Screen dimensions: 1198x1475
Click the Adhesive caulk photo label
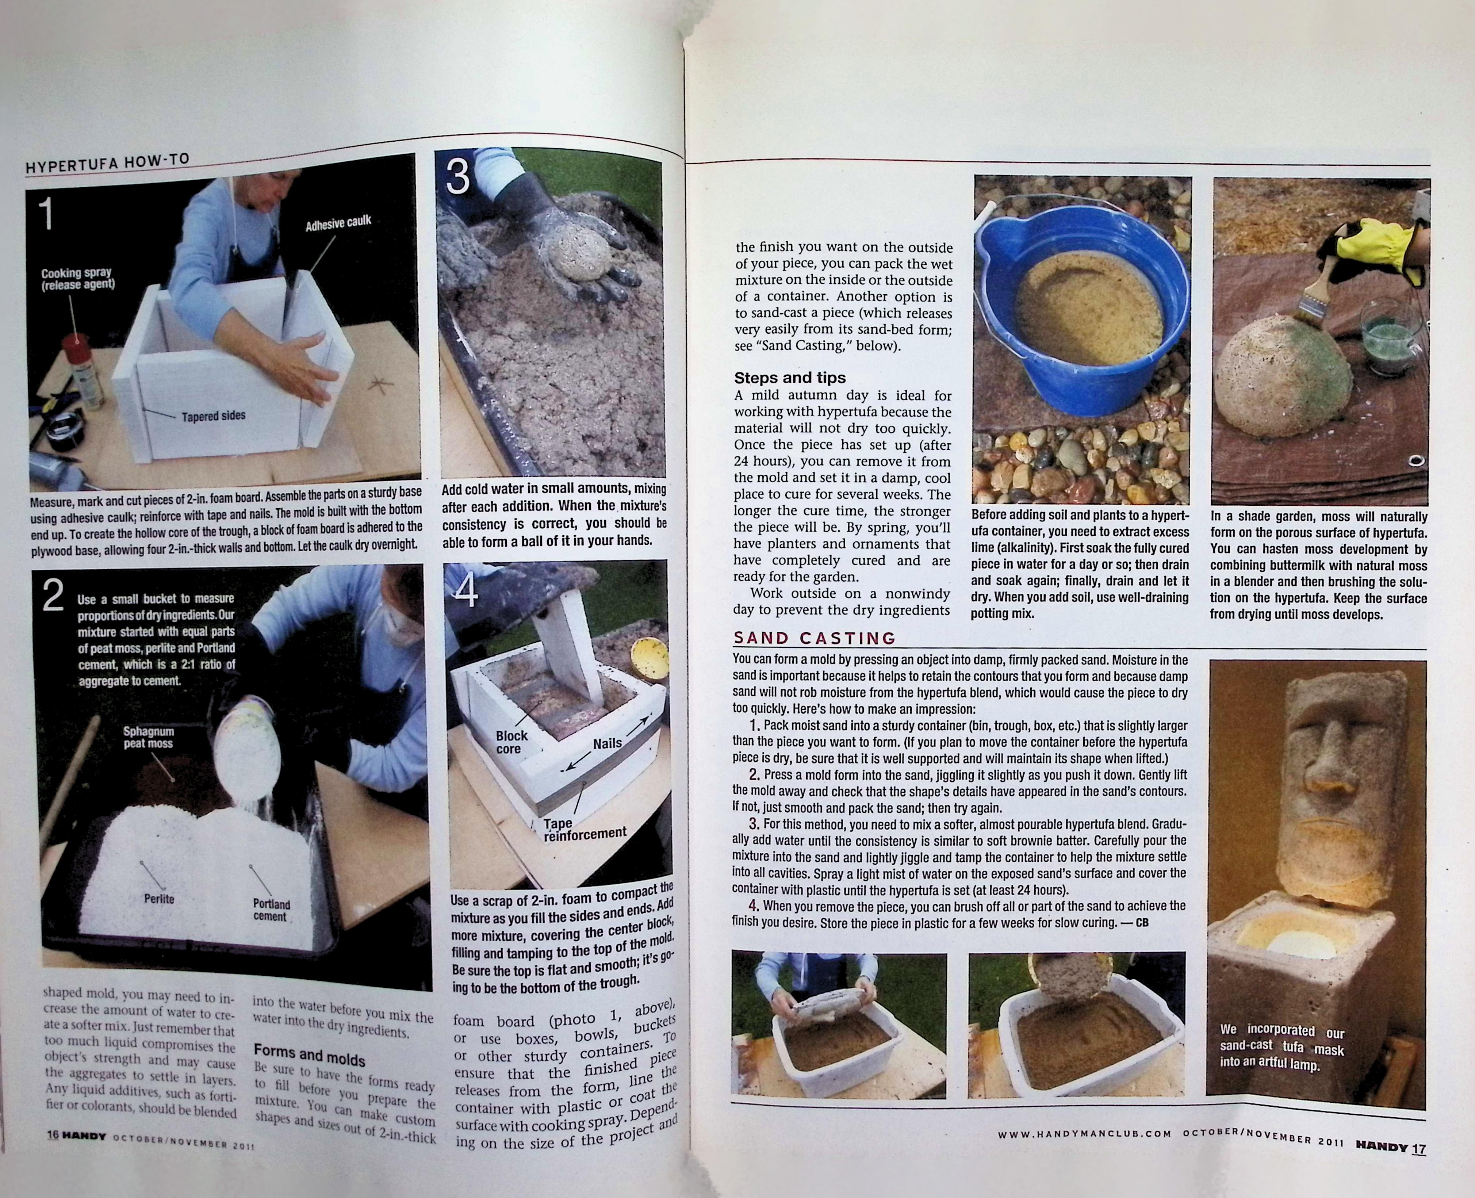click(x=338, y=222)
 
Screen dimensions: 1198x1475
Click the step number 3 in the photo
click(x=457, y=177)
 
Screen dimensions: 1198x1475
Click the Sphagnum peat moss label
click(x=148, y=737)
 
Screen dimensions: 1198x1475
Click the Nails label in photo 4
click(x=607, y=743)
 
